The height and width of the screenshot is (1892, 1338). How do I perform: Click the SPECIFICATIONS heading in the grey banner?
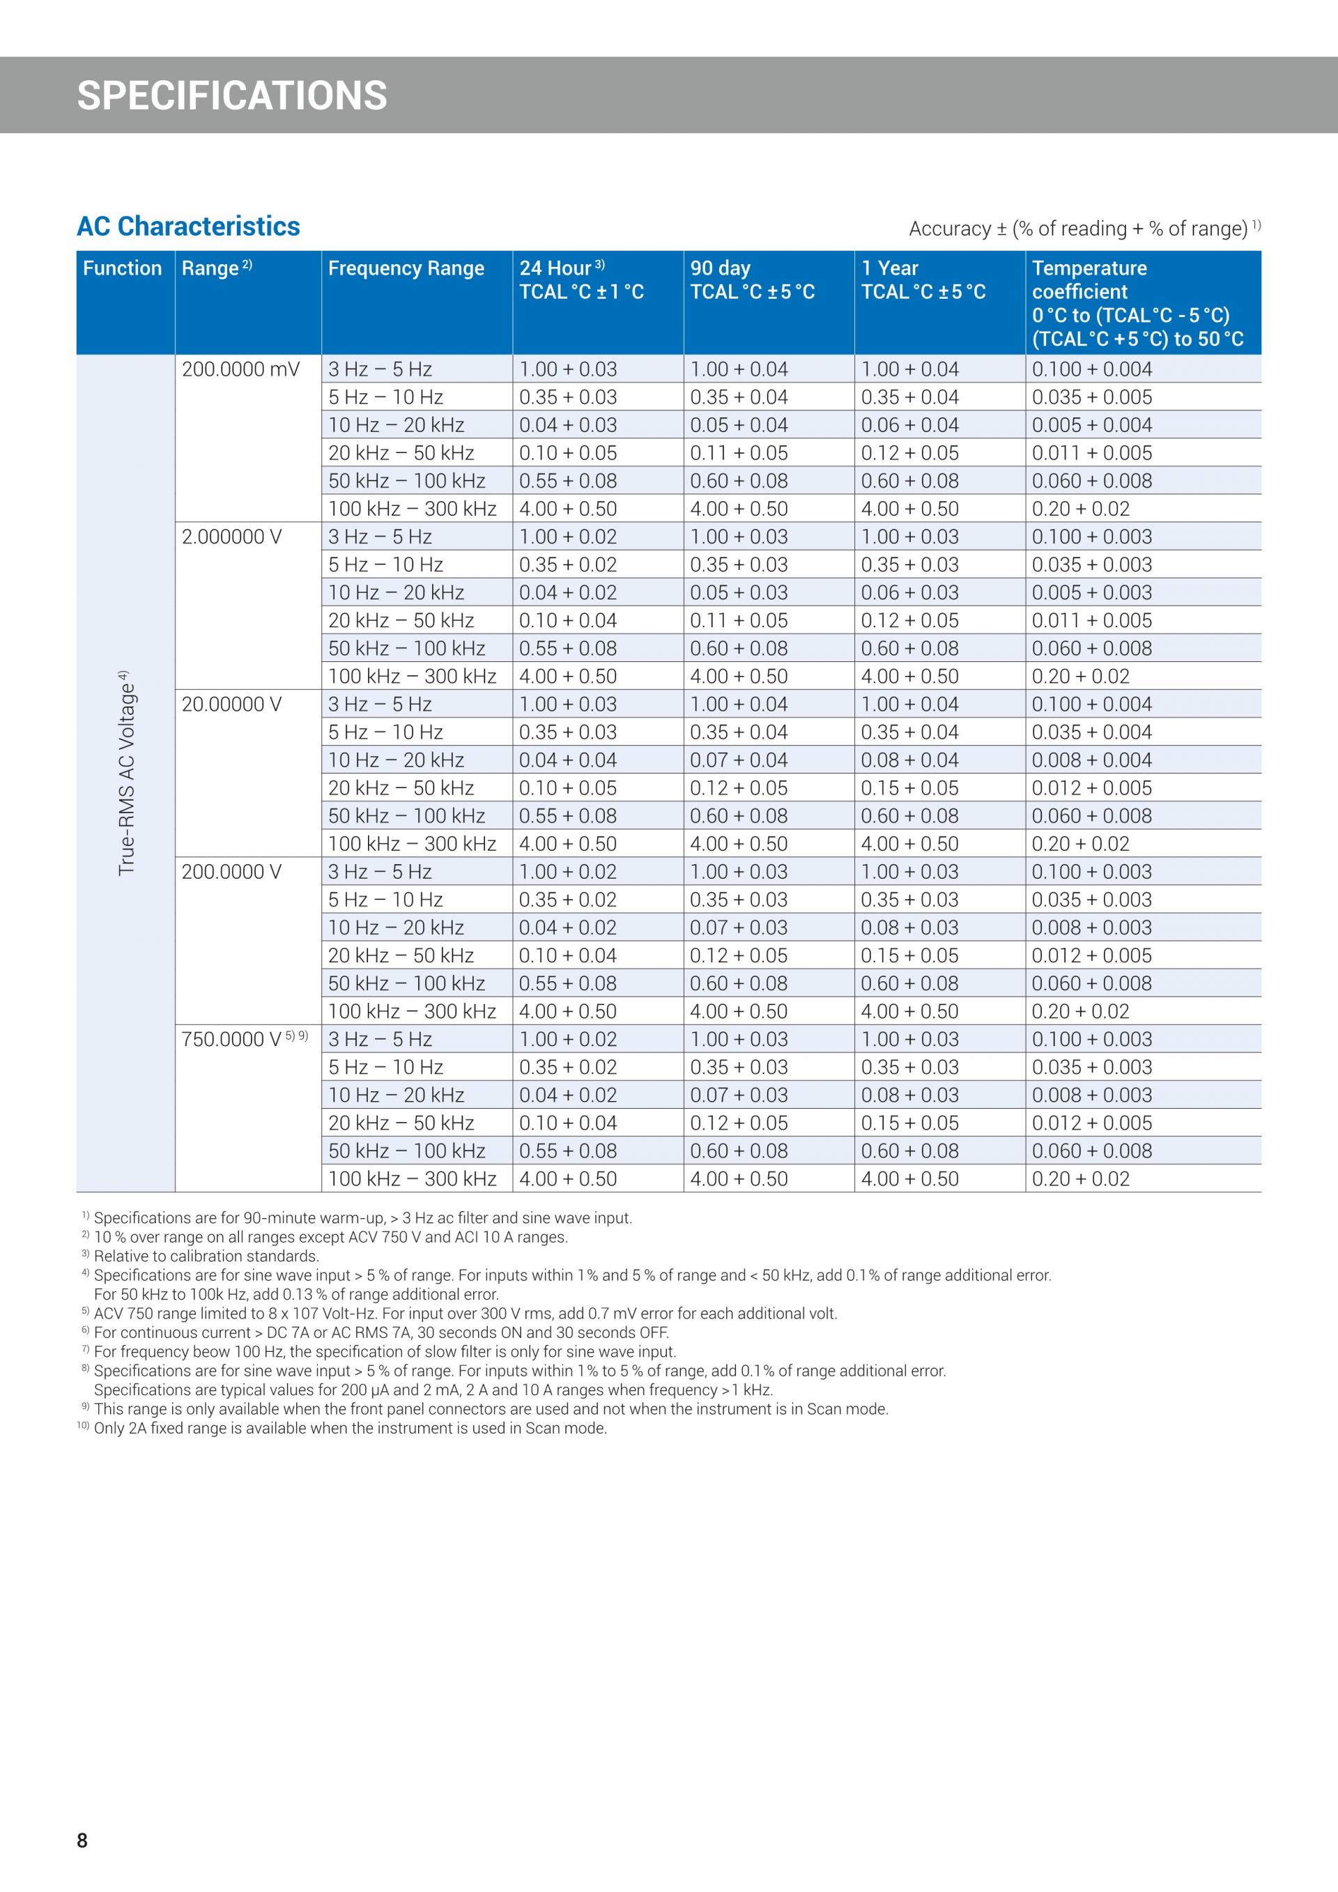coord(231,95)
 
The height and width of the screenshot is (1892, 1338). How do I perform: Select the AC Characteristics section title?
coord(188,226)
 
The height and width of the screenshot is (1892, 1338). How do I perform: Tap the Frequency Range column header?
coord(406,268)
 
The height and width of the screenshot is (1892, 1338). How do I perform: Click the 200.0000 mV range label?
coord(240,369)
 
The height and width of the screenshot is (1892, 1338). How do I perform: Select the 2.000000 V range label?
coord(231,537)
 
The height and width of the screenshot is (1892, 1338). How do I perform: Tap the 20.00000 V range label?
coord(231,705)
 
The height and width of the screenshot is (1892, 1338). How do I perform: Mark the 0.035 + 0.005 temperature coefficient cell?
coord(1092,397)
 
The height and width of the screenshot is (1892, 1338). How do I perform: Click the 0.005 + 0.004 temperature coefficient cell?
coord(1092,425)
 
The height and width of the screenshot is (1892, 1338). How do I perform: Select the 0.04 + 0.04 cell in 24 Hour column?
coord(568,760)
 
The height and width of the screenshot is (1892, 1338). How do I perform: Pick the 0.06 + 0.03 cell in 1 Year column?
coord(909,592)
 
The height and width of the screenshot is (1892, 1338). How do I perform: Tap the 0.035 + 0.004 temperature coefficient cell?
coord(1092,732)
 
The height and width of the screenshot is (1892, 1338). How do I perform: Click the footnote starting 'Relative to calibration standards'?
coord(206,1256)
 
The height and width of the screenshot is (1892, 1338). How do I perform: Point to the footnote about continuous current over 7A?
coord(380,1332)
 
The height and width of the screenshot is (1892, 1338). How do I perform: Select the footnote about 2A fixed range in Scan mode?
coord(349,1428)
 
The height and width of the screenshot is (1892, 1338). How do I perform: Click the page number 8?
coord(82,1840)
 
